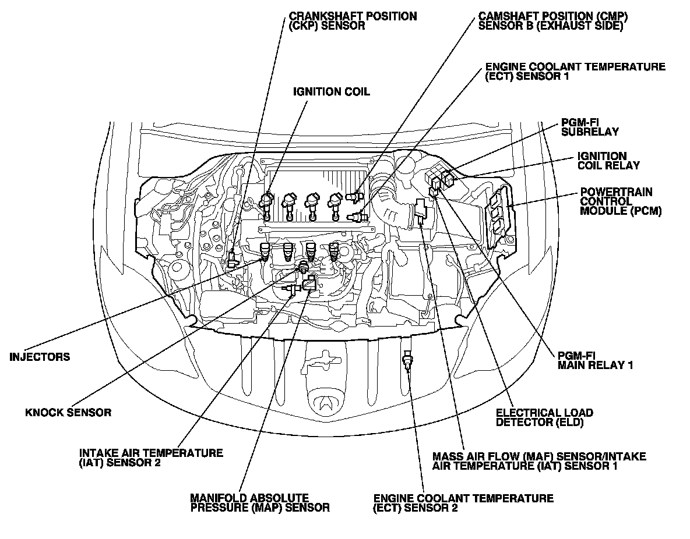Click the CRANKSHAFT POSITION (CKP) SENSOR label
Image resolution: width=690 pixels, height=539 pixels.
pos(353,21)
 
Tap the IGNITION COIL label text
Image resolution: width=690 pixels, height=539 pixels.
pos(331,92)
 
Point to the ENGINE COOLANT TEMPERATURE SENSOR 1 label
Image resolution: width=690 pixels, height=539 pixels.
pos(575,72)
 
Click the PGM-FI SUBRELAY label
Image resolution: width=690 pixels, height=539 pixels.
pos(582,127)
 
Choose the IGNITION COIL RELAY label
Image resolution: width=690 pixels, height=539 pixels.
pos(608,161)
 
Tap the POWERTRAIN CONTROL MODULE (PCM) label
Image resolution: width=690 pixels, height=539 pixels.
pos(620,201)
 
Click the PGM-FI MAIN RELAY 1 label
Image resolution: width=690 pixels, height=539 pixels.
pos(595,360)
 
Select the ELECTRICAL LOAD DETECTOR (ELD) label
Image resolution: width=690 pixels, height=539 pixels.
pos(544,417)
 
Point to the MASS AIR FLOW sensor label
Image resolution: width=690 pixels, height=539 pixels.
pos(539,460)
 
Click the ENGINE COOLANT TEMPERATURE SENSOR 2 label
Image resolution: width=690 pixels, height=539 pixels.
pos(463,503)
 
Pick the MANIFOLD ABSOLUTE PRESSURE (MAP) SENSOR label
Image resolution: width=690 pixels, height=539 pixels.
pos(259,503)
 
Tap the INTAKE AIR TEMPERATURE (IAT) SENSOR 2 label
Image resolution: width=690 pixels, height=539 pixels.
pos(151,458)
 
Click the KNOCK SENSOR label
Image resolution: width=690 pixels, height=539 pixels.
pos(68,413)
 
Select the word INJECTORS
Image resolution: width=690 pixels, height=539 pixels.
pos(40,357)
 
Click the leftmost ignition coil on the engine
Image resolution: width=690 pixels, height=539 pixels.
pos(267,204)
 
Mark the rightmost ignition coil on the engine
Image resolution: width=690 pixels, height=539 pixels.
pos(335,204)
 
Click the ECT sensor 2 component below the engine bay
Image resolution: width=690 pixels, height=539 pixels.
pos(407,363)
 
